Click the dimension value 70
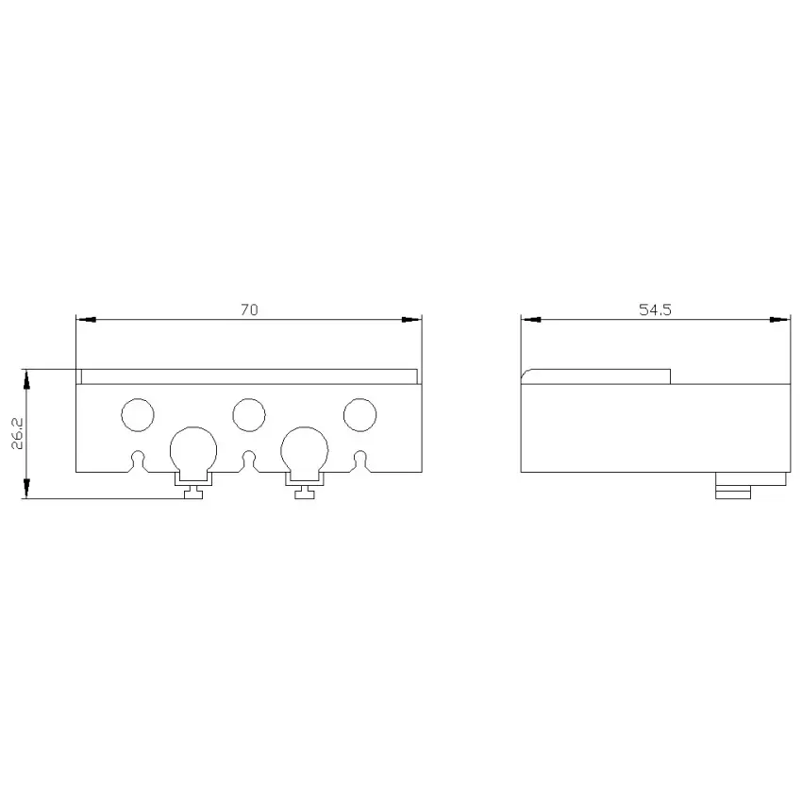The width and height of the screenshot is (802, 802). (250, 310)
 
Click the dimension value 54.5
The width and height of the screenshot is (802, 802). (655, 310)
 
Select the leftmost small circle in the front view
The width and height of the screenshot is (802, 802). (138, 398)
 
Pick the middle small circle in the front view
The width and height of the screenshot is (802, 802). (249, 398)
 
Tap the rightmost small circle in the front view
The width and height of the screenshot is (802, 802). (360, 398)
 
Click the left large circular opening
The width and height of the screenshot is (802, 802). (193, 427)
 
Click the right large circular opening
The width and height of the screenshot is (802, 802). (305, 427)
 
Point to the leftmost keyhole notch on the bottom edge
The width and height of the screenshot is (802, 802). (138, 451)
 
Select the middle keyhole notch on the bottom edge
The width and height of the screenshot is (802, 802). (249, 451)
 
